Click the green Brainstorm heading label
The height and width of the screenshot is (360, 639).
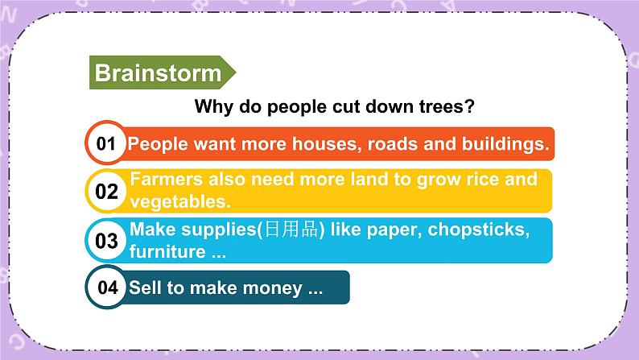click(159, 73)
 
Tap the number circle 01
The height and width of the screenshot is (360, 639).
click(106, 144)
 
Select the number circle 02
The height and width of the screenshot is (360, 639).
click(106, 191)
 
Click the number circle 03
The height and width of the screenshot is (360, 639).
click(106, 240)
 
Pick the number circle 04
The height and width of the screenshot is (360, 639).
click(106, 288)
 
